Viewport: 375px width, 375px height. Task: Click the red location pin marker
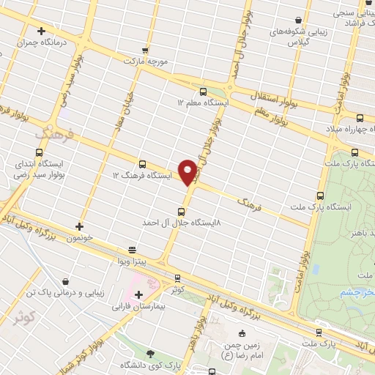click(x=187, y=171)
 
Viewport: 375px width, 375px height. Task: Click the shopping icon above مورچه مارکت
click(x=145, y=50)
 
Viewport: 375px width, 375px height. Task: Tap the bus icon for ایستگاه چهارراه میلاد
click(x=359, y=118)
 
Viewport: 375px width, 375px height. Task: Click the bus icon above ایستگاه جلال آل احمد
click(x=181, y=212)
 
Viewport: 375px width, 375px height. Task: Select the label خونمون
click(x=80, y=238)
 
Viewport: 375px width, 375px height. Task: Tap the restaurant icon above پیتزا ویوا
click(x=132, y=250)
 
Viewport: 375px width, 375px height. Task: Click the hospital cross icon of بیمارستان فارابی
click(x=139, y=294)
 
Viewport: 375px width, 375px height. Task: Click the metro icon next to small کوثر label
click(x=177, y=278)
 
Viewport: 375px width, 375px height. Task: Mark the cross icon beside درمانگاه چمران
click(x=42, y=31)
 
